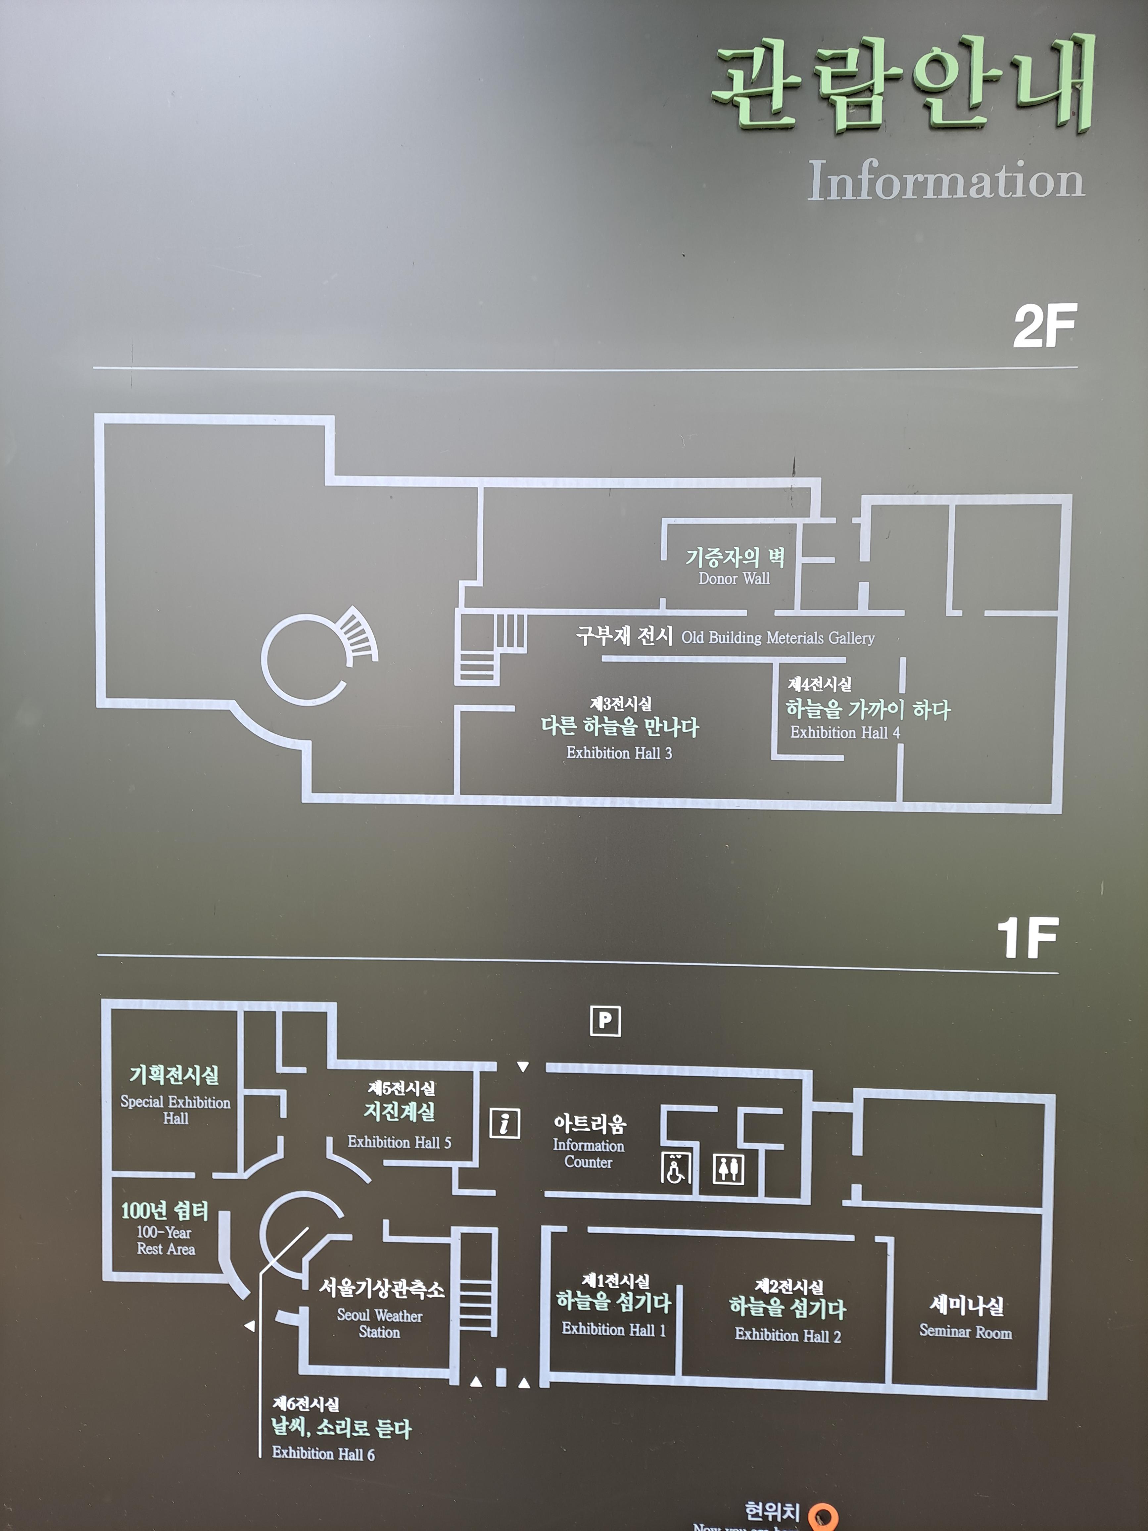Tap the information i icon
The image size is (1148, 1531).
[504, 1123]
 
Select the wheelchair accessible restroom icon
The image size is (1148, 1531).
[675, 1168]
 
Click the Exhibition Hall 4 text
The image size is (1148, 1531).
[845, 732]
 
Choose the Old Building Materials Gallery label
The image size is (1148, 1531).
[778, 638]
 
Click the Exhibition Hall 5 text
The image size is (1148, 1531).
[399, 1142]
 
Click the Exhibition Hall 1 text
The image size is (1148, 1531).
[613, 1329]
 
